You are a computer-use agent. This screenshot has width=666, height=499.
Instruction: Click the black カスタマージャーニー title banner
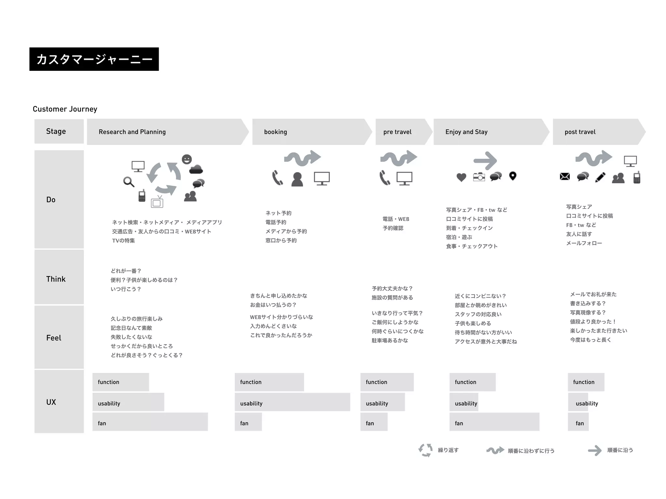94,59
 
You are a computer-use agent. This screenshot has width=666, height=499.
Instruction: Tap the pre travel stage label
397,132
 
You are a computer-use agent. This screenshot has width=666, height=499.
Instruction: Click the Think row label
56,279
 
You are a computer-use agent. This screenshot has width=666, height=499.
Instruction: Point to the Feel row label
54,338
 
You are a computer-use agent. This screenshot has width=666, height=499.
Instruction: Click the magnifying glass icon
129,182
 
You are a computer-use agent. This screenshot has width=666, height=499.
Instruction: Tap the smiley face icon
187,159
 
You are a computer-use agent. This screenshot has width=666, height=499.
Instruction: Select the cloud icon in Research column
196,169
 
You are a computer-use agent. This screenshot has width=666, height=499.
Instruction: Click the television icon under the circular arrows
157,202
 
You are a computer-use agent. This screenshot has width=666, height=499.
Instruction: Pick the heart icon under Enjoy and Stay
461,177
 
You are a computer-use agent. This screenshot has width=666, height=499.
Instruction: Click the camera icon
479,177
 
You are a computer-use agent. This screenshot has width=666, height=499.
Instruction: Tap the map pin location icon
513,176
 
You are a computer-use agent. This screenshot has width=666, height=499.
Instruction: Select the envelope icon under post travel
565,176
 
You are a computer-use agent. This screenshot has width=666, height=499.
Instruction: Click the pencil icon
600,177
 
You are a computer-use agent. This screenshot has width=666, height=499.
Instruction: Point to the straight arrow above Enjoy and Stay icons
485,160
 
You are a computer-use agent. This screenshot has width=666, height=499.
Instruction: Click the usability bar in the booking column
292,402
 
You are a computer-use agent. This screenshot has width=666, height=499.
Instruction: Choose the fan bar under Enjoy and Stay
494,422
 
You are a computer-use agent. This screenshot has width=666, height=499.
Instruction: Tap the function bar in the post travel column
586,382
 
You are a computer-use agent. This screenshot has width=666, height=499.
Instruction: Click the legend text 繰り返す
448,450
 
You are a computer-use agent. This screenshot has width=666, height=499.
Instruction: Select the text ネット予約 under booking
278,213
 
